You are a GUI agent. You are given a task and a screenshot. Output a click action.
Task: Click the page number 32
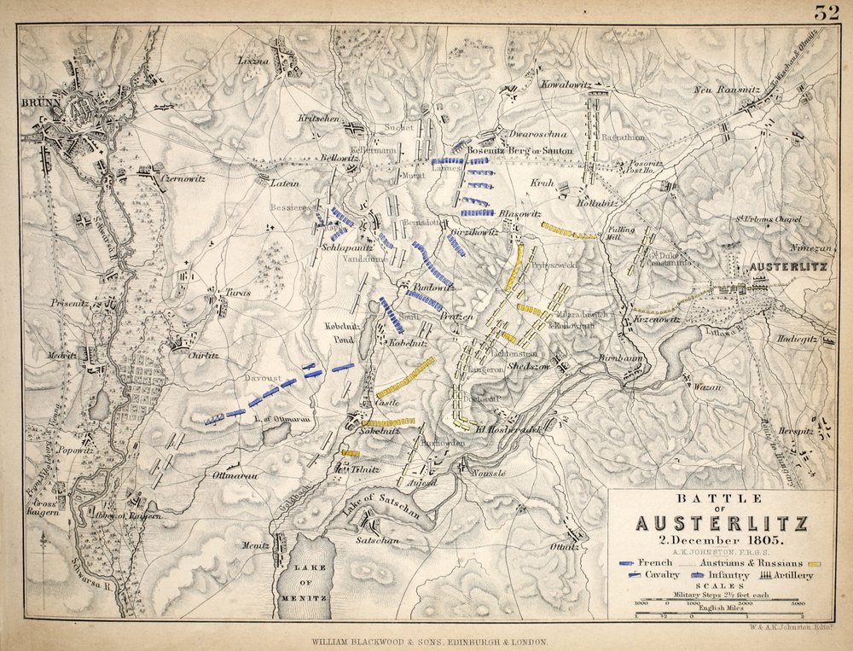coord(826,12)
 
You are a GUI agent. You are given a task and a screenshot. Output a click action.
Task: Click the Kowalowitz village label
coord(566,84)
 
